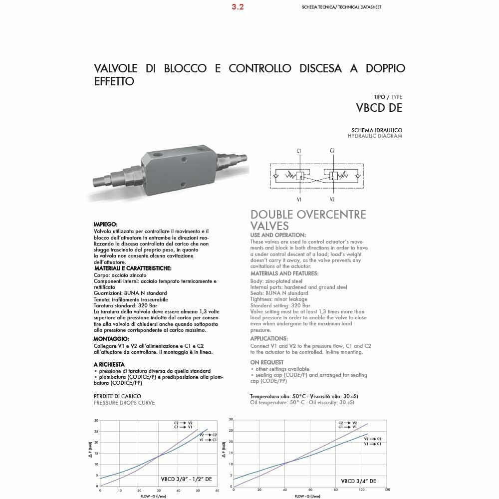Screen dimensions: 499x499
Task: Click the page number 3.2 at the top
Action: (238, 7)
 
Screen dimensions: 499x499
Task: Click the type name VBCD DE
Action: (379, 107)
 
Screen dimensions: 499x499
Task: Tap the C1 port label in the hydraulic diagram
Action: (298, 150)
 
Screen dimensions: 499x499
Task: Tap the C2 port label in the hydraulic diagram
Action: (332, 150)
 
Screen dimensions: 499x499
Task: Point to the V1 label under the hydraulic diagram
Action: (299, 199)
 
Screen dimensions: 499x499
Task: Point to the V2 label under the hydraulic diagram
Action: (332, 199)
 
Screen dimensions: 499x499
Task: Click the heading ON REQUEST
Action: (266, 362)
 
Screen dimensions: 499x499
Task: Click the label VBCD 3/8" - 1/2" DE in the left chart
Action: (186, 479)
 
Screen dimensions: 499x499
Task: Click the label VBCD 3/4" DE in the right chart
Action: (358, 482)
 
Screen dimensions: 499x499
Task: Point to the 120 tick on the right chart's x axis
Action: (387, 490)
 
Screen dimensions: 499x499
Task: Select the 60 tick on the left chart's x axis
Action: (217, 491)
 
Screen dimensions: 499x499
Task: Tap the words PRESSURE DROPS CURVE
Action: (124, 403)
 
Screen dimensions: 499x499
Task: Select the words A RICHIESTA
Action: (109, 364)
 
